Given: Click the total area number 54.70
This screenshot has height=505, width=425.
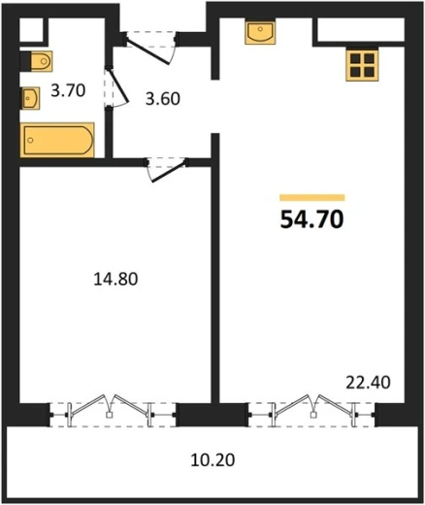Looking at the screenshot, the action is tap(311, 219).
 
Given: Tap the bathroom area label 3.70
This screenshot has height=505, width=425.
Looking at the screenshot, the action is tap(68, 90).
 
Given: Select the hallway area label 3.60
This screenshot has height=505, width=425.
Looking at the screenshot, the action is tap(163, 99).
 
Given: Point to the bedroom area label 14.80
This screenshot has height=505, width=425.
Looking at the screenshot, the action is tap(115, 279).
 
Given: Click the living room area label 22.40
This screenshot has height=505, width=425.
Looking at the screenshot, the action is tap(368, 383).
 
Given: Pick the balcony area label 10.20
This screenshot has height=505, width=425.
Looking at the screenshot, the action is tap(212, 460).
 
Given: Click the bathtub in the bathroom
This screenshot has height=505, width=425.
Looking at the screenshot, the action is tap(57, 140).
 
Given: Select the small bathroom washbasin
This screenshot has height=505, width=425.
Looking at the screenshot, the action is tap(30, 98).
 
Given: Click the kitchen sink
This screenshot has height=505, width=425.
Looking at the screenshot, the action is tap(260, 32).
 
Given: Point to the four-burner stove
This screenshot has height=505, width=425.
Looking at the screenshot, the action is tap(362, 65).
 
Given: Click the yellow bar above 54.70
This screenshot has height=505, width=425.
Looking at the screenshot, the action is tap(312, 197).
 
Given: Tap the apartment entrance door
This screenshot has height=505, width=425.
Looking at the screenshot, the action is tap(150, 48).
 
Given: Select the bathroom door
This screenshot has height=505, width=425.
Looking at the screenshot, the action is tap(115, 86).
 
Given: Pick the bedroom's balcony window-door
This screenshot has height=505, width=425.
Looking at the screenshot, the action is tap(114, 411).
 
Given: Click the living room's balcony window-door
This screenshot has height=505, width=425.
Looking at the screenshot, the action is tap(312, 411).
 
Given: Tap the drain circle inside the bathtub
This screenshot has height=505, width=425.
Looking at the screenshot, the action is tap(30, 140).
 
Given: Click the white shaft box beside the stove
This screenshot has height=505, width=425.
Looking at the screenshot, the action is tap(361, 30).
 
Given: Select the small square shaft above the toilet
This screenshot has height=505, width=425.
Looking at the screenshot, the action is tap(31, 29).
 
